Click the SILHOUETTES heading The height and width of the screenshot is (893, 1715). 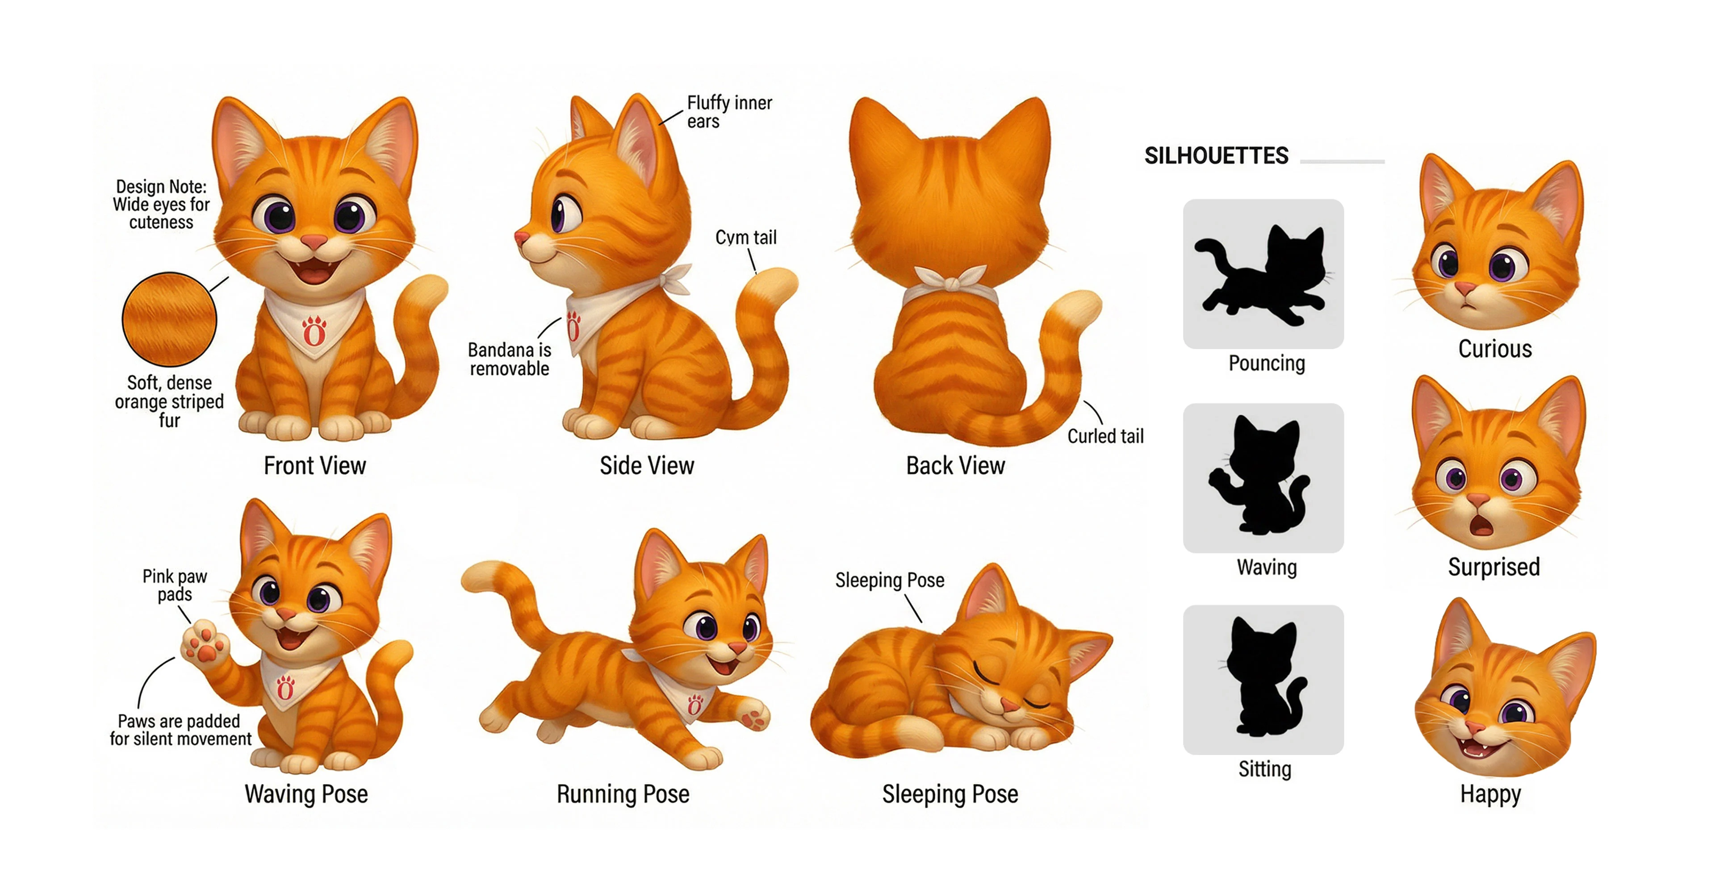tap(1216, 156)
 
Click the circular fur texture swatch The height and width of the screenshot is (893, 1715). tap(169, 319)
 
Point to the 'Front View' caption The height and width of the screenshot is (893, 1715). tap(315, 466)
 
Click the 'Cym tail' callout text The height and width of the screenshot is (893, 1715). tap(746, 238)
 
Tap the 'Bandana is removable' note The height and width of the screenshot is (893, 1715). tap(509, 359)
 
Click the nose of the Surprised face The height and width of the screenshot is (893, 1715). tap(1478, 499)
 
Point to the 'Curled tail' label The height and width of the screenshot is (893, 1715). tap(1105, 437)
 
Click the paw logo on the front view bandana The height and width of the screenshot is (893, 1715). tap(314, 331)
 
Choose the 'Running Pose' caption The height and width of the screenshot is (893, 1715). tap(623, 794)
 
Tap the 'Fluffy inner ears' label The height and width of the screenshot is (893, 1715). tap(729, 112)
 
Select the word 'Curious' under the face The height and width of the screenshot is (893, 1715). tap(1495, 349)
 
